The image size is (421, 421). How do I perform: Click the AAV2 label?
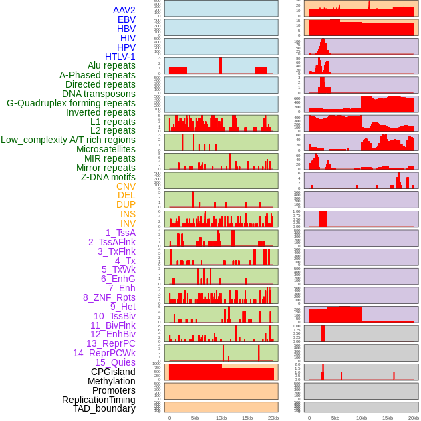[x=124, y=10]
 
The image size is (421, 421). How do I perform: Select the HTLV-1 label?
[x=120, y=57]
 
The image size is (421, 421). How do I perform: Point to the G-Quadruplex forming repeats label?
[x=71, y=103]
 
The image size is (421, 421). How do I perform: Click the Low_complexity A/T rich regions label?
[x=68, y=140]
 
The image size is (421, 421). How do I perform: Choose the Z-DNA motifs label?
[x=108, y=177]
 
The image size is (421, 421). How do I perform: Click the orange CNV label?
[x=126, y=186]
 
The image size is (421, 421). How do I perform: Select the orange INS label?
[x=128, y=214]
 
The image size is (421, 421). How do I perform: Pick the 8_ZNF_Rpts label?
[x=109, y=297]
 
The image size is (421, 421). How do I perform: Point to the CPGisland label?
[x=113, y=372]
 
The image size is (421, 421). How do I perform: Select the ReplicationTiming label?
[x=98, y=400]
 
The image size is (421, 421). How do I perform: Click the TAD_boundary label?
[x=104, y=408]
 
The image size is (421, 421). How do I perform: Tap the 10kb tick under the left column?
[x=221, y=418]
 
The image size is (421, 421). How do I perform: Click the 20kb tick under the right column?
[x=414, y=418]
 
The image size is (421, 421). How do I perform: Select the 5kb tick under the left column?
[x=195, y=418]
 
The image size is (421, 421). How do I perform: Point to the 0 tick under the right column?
[x=309, y=418]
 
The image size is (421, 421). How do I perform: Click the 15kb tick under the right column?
[x=388, y=418]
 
